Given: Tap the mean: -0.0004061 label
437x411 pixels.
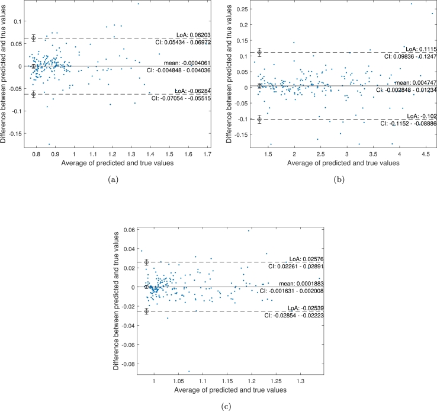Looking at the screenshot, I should coord(185,62).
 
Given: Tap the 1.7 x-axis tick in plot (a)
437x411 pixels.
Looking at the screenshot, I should coord(207,154).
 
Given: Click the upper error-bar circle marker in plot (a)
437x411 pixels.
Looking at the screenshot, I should coord(34,38).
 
